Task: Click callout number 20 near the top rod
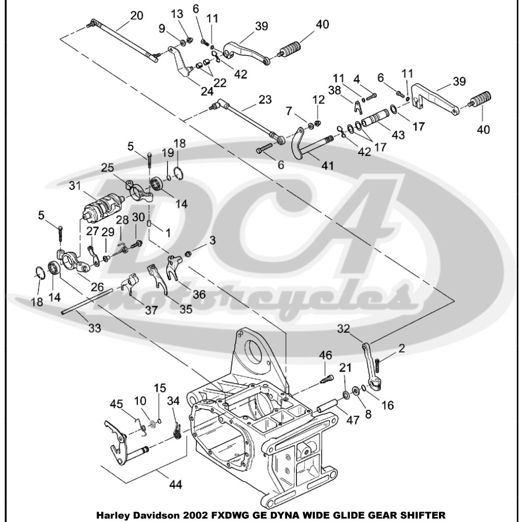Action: pos(136,16)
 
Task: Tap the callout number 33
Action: pos(94,328)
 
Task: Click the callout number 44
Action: pos(175,485)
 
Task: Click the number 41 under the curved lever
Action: pos(327,166)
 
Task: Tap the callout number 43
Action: pos(398,135)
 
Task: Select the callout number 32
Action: pos(342,329)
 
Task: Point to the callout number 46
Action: pos(326,355)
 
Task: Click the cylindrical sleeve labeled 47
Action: pos(328,405)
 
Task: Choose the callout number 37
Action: pos(151,310)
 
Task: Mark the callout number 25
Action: pos(108,168)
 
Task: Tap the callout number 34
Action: pos(173,401)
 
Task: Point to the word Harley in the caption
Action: pos(114,513)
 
